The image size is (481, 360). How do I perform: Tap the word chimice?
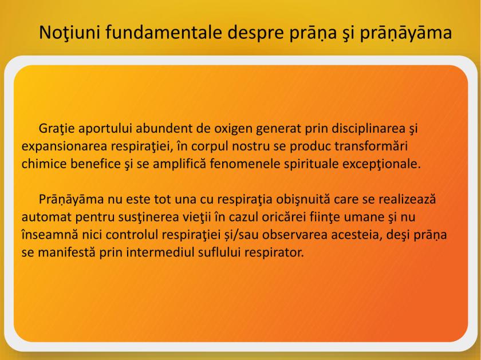(45, 163)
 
